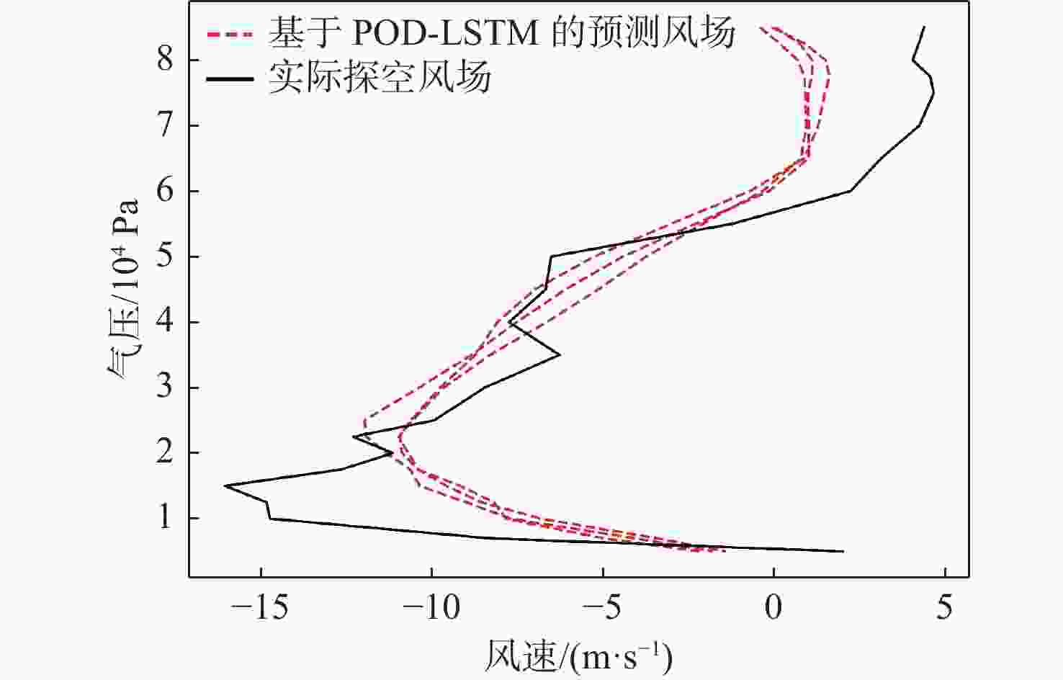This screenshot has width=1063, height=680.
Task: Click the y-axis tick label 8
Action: (166, 60)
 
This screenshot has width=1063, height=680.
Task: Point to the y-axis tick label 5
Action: (166, 256)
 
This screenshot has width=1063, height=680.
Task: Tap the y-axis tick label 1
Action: (166, 519)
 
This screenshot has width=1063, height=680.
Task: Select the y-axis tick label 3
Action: (166, 388)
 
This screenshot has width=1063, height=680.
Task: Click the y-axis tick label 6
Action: (166, 191)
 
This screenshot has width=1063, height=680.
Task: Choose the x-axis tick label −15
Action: (261, 609)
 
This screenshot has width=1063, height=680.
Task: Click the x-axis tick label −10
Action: (432, 609)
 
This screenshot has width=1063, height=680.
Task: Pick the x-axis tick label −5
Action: (603, 609)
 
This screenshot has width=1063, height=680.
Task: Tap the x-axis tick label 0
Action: (773, 609)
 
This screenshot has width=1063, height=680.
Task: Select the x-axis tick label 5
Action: (944, 609)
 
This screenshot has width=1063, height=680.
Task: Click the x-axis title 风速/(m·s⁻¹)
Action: (578, 656)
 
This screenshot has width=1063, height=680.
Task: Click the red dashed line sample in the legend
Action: (230, 33)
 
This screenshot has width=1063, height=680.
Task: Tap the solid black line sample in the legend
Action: (230, 77)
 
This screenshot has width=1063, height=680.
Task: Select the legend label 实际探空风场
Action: (380, 77)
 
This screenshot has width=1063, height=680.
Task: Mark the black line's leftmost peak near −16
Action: (225, 486)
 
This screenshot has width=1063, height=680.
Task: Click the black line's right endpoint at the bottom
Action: (842, 552)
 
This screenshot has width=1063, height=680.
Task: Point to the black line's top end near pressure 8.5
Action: (924, 27)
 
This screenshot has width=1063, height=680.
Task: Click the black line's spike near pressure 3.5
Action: (559, 354)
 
